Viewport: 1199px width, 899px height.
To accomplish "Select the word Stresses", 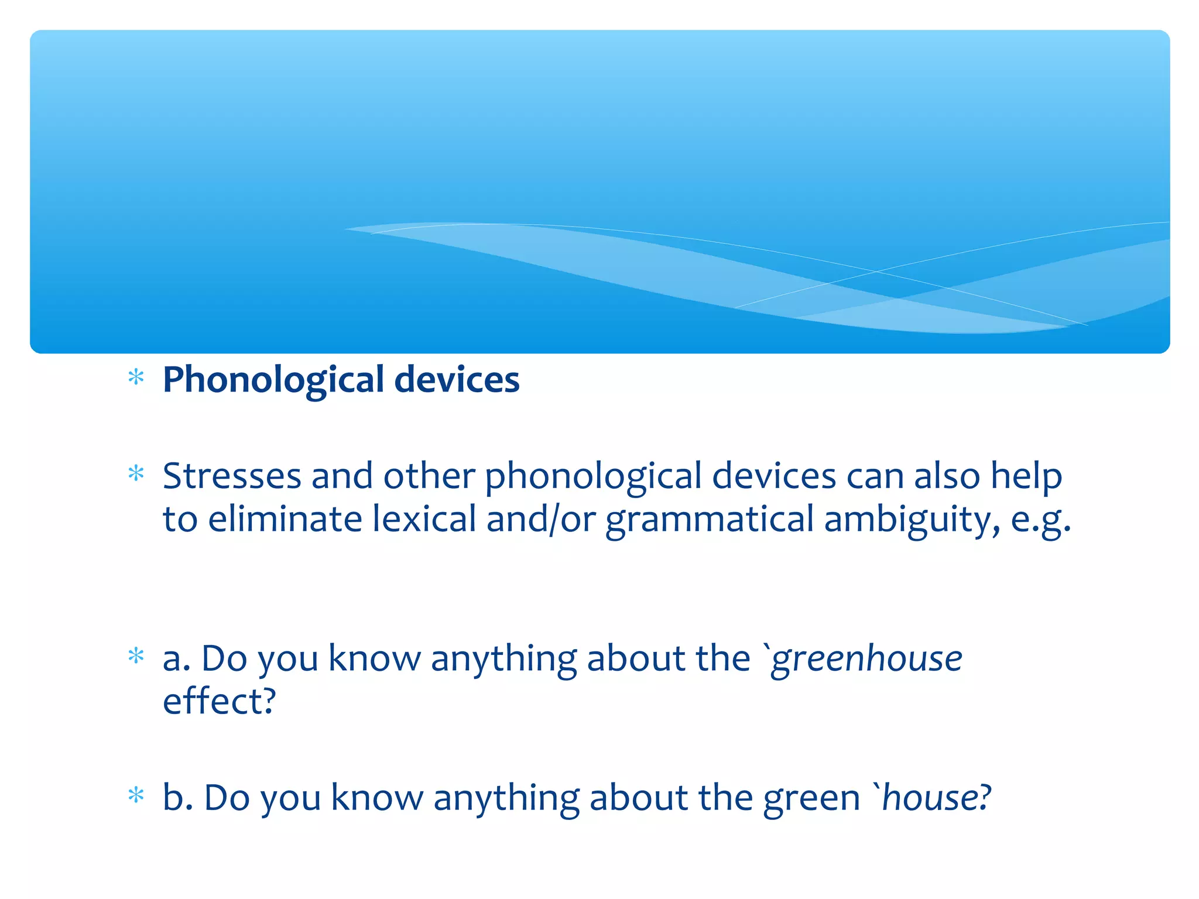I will [x=231, y=476].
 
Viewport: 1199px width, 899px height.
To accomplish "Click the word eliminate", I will [x=285, y=519].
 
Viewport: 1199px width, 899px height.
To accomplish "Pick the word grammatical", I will [x=710, y=519].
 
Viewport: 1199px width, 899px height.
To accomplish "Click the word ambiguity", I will [x=912, y=519].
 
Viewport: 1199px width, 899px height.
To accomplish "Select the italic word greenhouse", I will [x=866, y=658].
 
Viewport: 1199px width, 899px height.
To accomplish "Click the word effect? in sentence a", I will [x=219, y=701].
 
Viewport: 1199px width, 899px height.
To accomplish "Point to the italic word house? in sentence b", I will [x=937, y=797].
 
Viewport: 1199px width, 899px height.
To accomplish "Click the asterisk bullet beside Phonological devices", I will [x=136, y=378].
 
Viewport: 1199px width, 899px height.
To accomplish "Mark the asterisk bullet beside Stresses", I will [x=136, y=473].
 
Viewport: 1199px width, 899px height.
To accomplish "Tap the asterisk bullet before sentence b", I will [x=136, y=795].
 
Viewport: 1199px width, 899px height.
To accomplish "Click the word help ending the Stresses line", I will [x=1026, y=476].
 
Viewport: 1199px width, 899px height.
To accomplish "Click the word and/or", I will [x=541, y=519].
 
